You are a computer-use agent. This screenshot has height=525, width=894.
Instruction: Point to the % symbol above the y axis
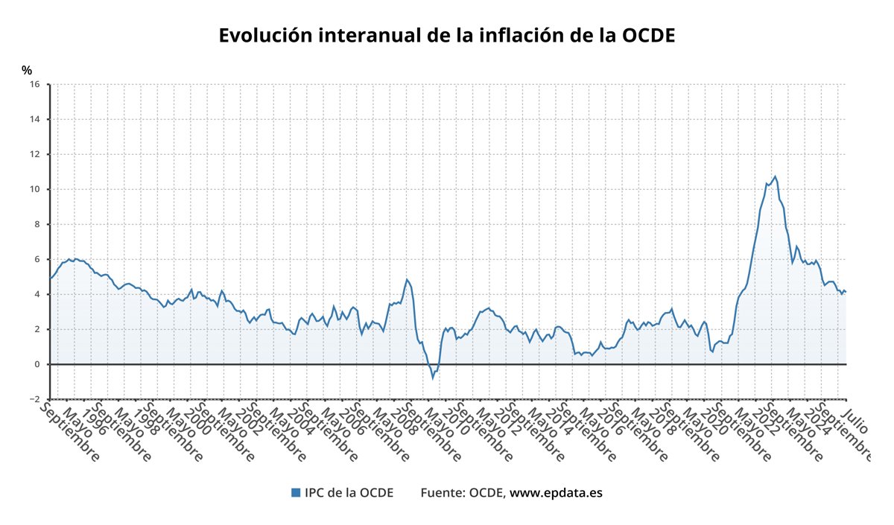[x=27, y=70]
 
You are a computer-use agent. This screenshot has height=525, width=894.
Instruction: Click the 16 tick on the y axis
[x=34, y=84]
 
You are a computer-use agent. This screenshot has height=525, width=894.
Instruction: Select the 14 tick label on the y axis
[x=34, y=119]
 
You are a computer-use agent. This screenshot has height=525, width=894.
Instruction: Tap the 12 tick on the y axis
[x=34, y=154]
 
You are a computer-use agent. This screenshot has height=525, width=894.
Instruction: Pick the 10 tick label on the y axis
[x=34, y=189]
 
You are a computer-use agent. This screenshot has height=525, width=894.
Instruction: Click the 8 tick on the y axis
[x=37, y=224]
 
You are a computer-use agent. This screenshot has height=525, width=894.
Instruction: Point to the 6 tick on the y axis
[x=37, y=259]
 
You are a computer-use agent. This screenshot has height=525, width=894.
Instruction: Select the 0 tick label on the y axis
[x=37, y=364]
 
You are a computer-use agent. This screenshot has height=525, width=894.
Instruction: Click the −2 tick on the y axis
[x=34, y=399]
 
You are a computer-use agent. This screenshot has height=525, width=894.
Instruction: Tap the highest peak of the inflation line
[x=776, y=176]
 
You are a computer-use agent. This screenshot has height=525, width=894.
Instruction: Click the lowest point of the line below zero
[x=432, y=378]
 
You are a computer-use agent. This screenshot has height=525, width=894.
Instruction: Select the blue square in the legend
[x=295, y=492]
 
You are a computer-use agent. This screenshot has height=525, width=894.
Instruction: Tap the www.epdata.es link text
[x=556, y=492]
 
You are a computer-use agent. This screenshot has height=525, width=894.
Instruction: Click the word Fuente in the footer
[x=443, y=492]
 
